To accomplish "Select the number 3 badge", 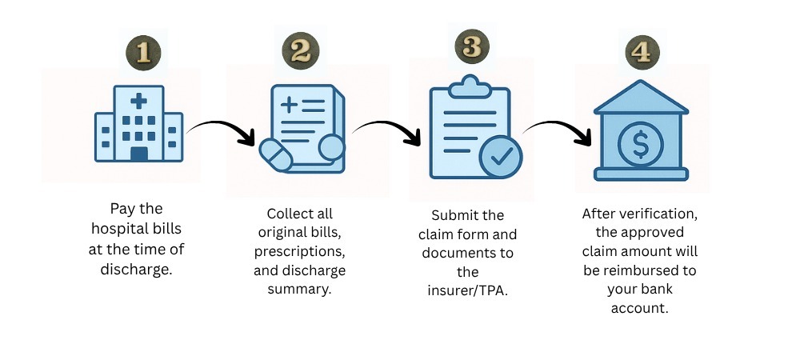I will [472, 46].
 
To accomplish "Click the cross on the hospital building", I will [138, 101].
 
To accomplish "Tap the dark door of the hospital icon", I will [138, 154].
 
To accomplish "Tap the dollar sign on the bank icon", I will [640, 144].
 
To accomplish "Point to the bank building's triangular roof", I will [642, 97].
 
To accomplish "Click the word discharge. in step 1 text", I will [137, 270].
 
